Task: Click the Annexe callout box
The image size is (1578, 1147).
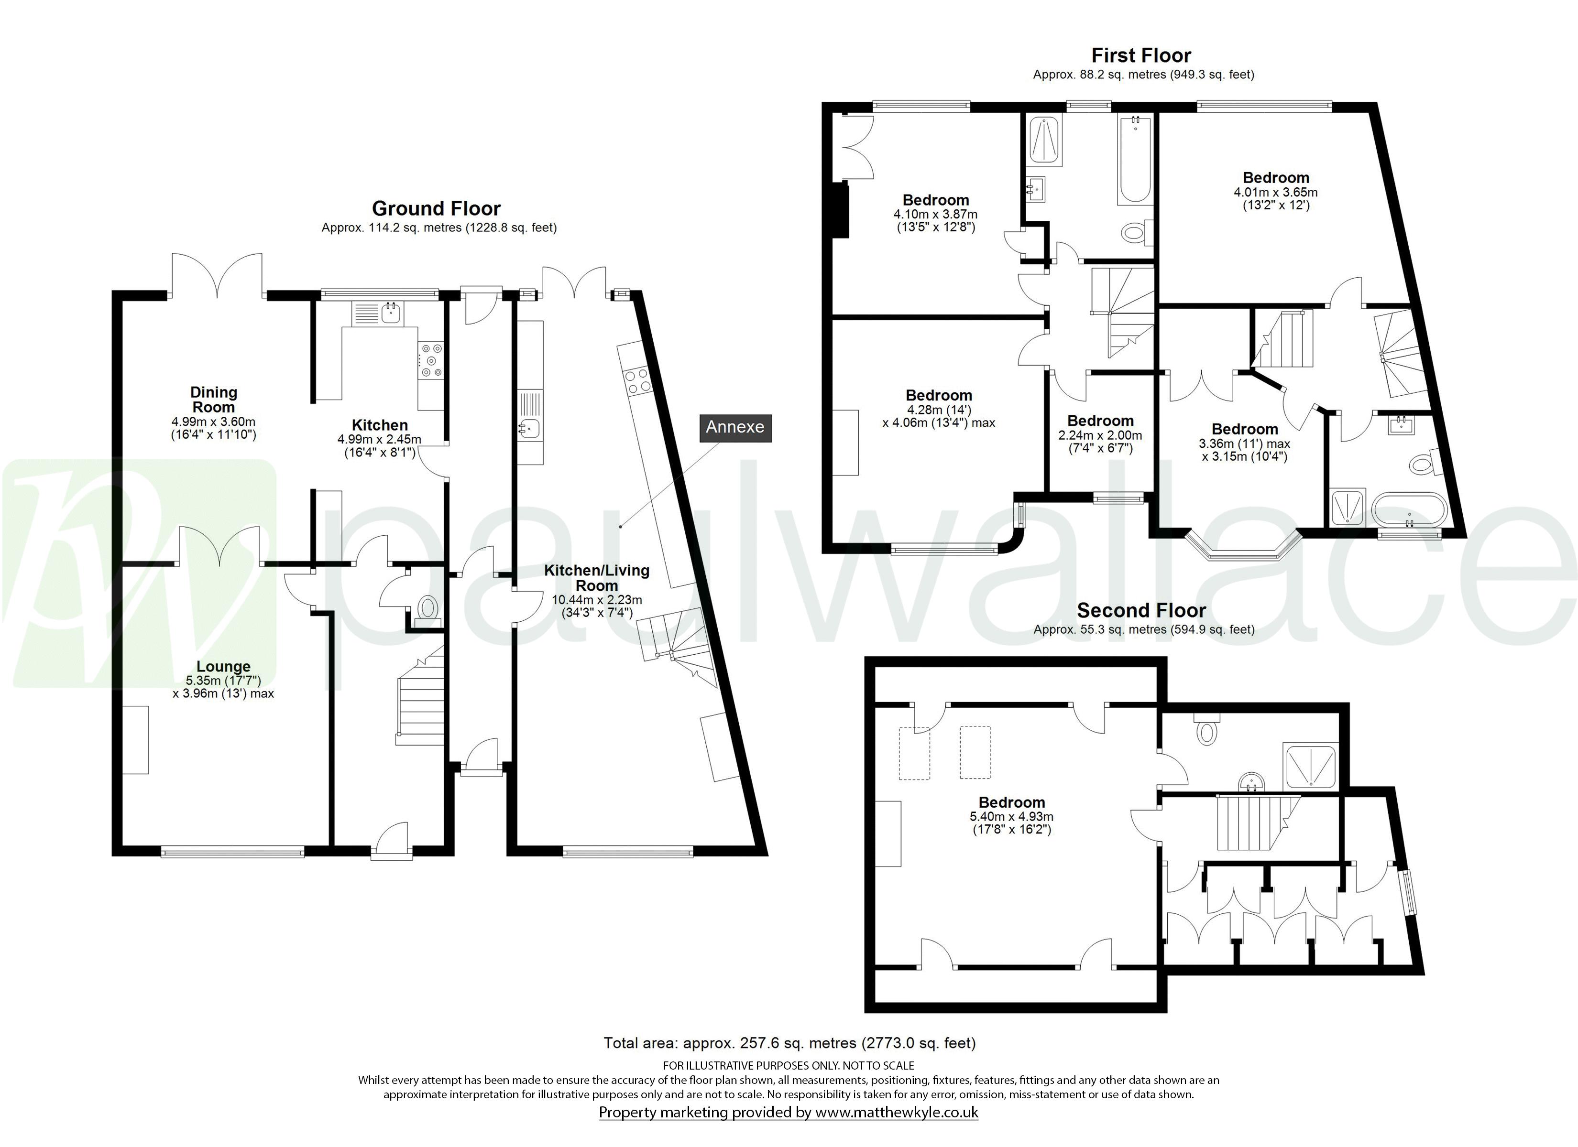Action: point(735,427)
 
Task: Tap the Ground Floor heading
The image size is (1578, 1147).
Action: point(436,209)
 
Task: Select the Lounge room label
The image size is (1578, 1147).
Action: point(223,666)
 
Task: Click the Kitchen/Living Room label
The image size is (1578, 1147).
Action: point(596,577)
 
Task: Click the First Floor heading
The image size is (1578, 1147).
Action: point(1141,55)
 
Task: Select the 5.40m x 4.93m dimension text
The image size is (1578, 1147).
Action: point(1012,817)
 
